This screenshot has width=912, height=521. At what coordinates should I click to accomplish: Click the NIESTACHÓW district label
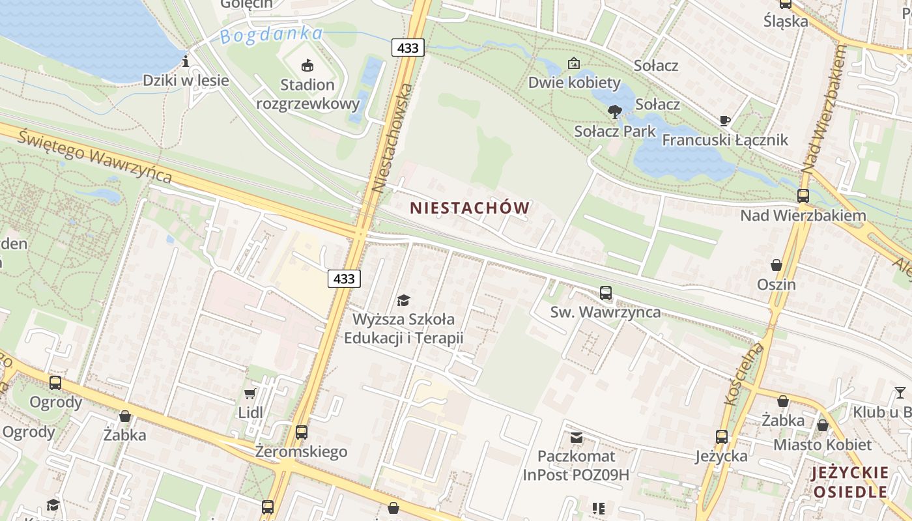[469, 208]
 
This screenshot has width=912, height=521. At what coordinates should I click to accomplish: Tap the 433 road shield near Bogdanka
[408, 48]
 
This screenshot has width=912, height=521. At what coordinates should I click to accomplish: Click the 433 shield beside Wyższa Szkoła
[344, 279]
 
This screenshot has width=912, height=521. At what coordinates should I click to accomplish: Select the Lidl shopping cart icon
[249, 393]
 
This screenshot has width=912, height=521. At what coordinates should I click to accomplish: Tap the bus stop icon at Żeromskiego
[301, 432]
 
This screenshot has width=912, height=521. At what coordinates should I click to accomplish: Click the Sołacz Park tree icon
[614, 112]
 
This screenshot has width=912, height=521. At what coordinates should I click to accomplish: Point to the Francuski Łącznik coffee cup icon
[724, 120]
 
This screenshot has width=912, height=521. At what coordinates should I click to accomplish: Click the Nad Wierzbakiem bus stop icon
[803, 195]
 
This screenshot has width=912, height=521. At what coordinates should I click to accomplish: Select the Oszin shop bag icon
[777, 265]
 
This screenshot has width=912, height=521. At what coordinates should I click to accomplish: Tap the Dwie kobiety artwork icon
[574, 63]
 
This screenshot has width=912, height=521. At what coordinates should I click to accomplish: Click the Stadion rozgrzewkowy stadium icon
[307, 64]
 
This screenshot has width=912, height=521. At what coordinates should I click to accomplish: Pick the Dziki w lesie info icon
[186, 62]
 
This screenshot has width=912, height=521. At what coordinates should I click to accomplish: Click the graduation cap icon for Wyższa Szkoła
[403, 300]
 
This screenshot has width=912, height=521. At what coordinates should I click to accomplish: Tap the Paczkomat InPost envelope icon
[577, 436]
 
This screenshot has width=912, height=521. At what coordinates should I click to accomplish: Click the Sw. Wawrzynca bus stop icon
[606, 293]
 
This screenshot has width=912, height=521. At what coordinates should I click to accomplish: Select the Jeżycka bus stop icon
[722, 436]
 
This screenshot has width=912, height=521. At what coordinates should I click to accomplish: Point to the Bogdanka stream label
[271, 35]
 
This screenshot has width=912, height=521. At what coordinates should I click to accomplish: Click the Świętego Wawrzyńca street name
[95, 157]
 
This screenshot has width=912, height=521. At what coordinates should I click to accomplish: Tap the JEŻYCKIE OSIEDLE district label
[850, 482]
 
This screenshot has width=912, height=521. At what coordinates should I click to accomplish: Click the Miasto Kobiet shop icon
[823, 425]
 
